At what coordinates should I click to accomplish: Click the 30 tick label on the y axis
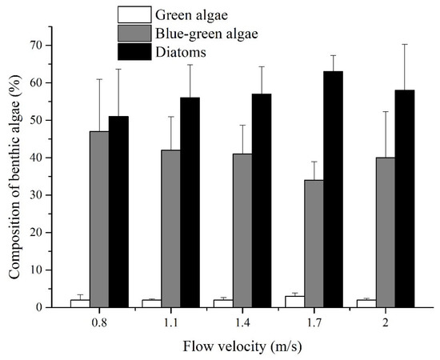tap(40, 194)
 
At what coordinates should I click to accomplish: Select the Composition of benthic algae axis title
tap(15, 172)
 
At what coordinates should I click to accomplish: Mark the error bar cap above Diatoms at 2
tap(404, 44)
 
